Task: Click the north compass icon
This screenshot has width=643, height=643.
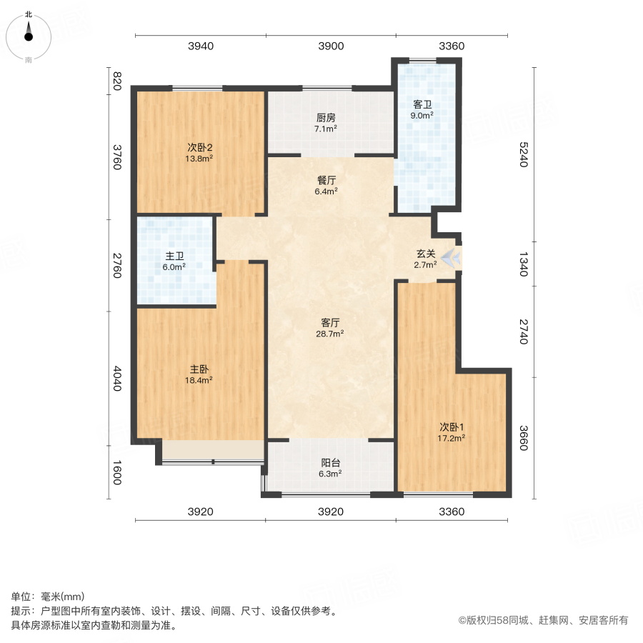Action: coord(29,34)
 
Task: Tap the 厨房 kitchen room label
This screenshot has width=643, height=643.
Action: coord(326,118)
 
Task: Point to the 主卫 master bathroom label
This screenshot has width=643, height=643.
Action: coord(175,256)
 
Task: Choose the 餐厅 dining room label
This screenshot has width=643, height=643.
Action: coord(326,180)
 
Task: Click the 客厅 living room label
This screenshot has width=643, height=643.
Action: coord(331,322)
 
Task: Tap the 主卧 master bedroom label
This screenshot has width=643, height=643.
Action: coord(199,369)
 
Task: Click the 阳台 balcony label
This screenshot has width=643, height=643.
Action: coord(330,462)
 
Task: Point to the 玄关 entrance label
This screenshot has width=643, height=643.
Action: coord(427,253)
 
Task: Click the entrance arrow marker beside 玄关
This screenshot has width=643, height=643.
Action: coord(450,258)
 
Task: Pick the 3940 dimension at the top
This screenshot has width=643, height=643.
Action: coord(201,46)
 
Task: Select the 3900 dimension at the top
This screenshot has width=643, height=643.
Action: coord(331,46)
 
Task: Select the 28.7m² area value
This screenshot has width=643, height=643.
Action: coord(331,333)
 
